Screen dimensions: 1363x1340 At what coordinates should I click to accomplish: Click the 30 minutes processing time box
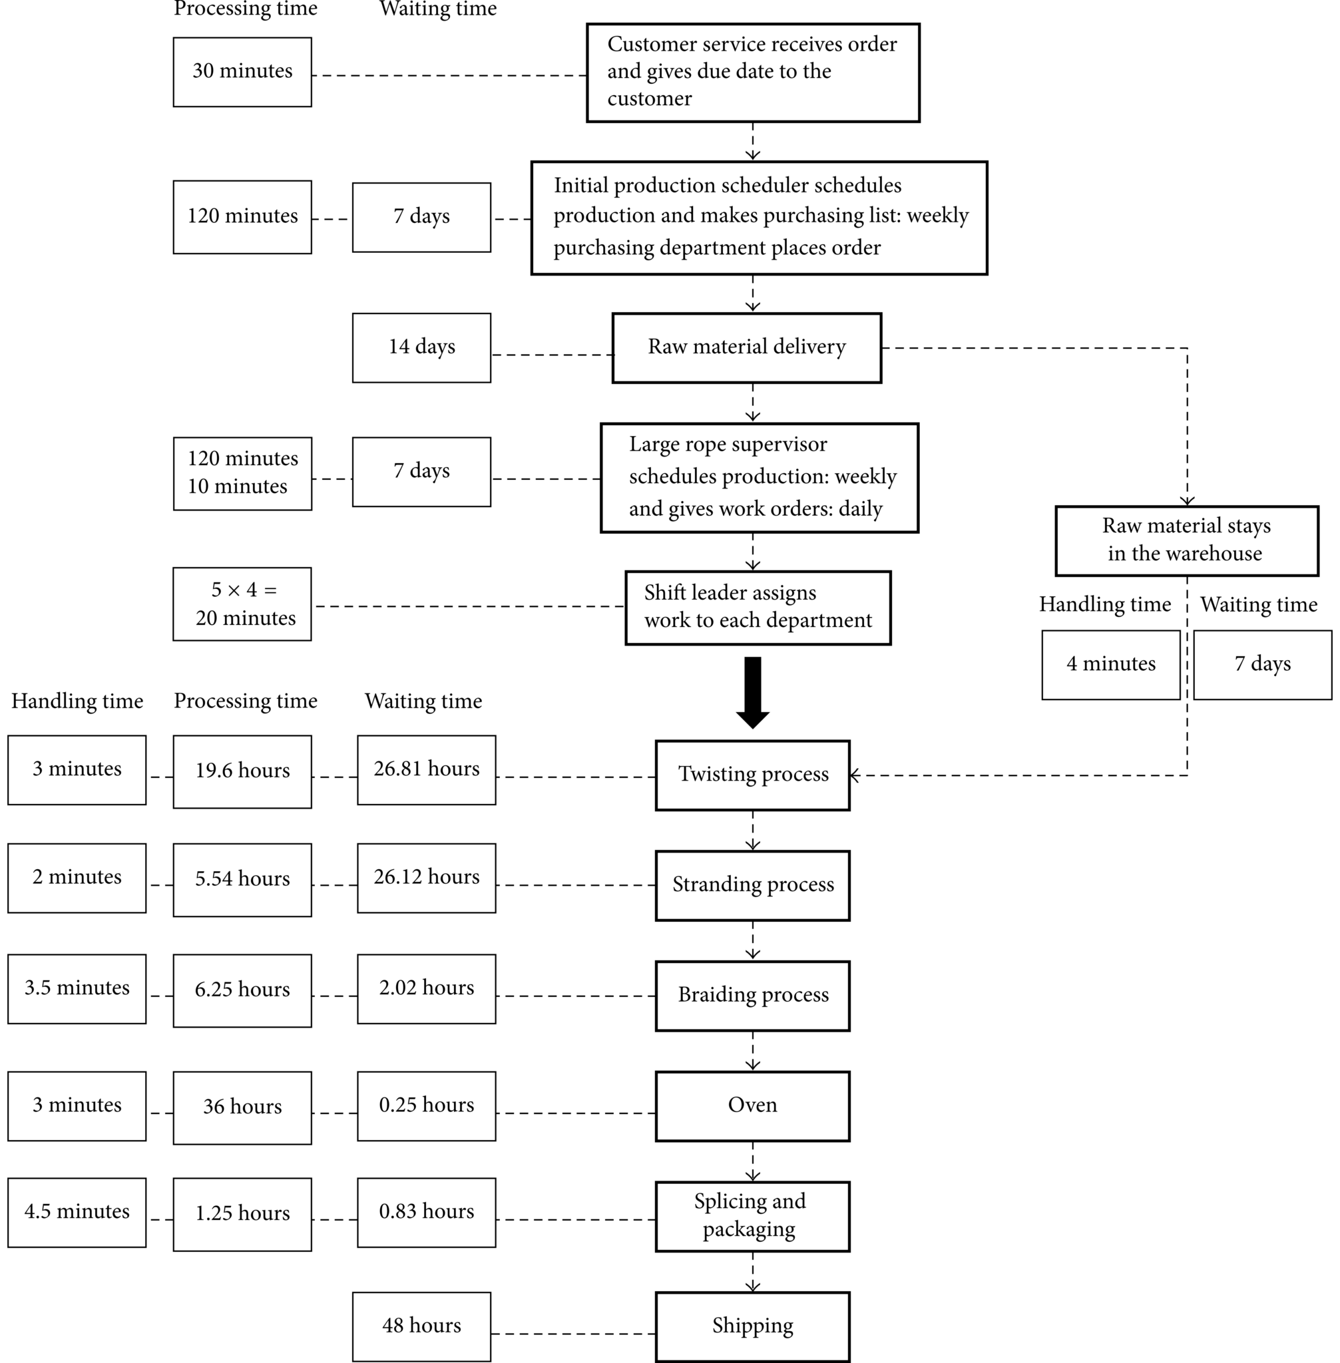[x=242, y=72]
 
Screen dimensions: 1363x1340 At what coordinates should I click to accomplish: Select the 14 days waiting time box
[x=421, y=347]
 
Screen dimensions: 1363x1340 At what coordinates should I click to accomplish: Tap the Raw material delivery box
[x=747, y=347]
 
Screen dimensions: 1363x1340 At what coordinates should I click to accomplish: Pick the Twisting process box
[x=752, y=775]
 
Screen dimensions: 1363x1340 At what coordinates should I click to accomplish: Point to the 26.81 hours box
[x=427, y=770]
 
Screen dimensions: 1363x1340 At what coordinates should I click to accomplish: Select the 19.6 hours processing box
[x=242, y=771]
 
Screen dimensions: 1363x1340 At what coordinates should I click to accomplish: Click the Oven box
[x=752, y=1105]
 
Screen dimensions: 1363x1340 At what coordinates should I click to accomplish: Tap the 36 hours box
[x=242, y=1107]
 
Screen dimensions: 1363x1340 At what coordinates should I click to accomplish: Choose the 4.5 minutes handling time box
[x=77, y=1213]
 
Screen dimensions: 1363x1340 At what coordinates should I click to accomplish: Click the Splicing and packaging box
[x=752, y=1216]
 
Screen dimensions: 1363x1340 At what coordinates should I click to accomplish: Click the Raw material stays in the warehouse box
[x=1187, y=540]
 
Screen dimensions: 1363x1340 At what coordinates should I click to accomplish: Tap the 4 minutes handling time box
[x=1110, y=664]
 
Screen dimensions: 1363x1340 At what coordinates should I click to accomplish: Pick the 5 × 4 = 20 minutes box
[x=242, y=604]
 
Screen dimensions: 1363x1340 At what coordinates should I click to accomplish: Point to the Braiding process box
[x=752, y=996]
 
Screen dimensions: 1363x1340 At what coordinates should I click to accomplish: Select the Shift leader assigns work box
[x=758, y=607]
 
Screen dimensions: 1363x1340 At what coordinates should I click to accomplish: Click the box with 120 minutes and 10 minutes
[x=242, y=473]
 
